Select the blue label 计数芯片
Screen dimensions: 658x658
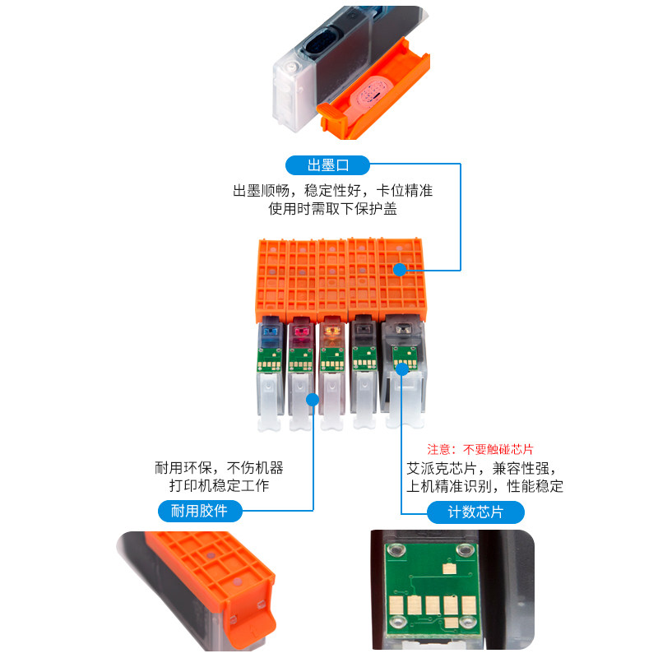pyautogui.click(x=475, y=512)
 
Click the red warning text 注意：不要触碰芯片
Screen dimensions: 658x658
pyautogui.click(x=480, y=450)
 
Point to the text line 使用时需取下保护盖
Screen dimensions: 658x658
pyautogui.click(x=332, y=209)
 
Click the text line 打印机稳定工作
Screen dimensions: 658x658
pyautogui.click(x=219, y=485)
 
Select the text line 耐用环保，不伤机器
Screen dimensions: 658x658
pyautogui.click(x=219, y=467)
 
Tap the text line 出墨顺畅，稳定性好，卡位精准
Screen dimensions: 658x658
pyautogui.click(x=332, y=191)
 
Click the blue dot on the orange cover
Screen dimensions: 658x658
pyautogui.click(x=400, y=269)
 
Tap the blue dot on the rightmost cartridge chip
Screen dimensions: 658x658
pyautogui.click(x=402, y=369)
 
